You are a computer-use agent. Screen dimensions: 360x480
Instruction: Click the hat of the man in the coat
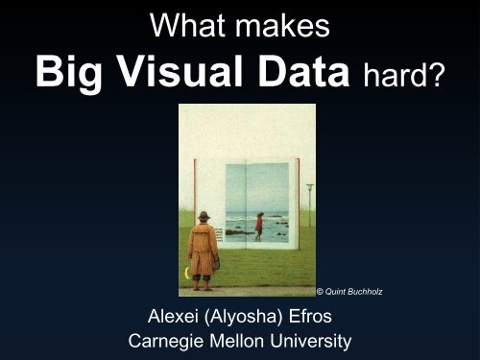coord(204,216)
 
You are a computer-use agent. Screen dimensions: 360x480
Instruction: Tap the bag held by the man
coord(216,260)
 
